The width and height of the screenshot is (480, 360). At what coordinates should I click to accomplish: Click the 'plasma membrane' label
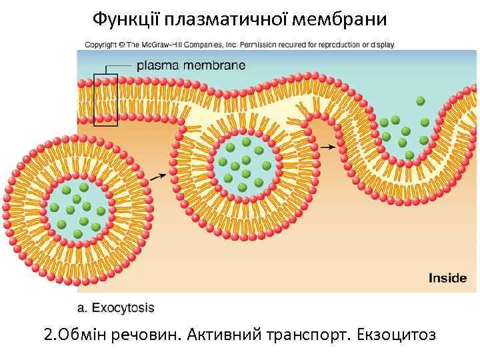tap(191, 65)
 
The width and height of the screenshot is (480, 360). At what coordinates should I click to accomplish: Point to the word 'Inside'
tap(447, 278)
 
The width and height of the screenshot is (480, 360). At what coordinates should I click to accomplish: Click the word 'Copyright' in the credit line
tap(100, 45)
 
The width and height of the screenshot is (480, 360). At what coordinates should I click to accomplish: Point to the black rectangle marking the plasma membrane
tap(105, 100)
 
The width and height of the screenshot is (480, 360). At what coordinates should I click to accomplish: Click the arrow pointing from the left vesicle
tap(157, 177)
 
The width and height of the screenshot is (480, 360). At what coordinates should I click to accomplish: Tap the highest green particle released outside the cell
tap(420, 101)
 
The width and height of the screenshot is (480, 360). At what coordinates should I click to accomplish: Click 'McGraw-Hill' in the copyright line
tap(161, 45)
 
